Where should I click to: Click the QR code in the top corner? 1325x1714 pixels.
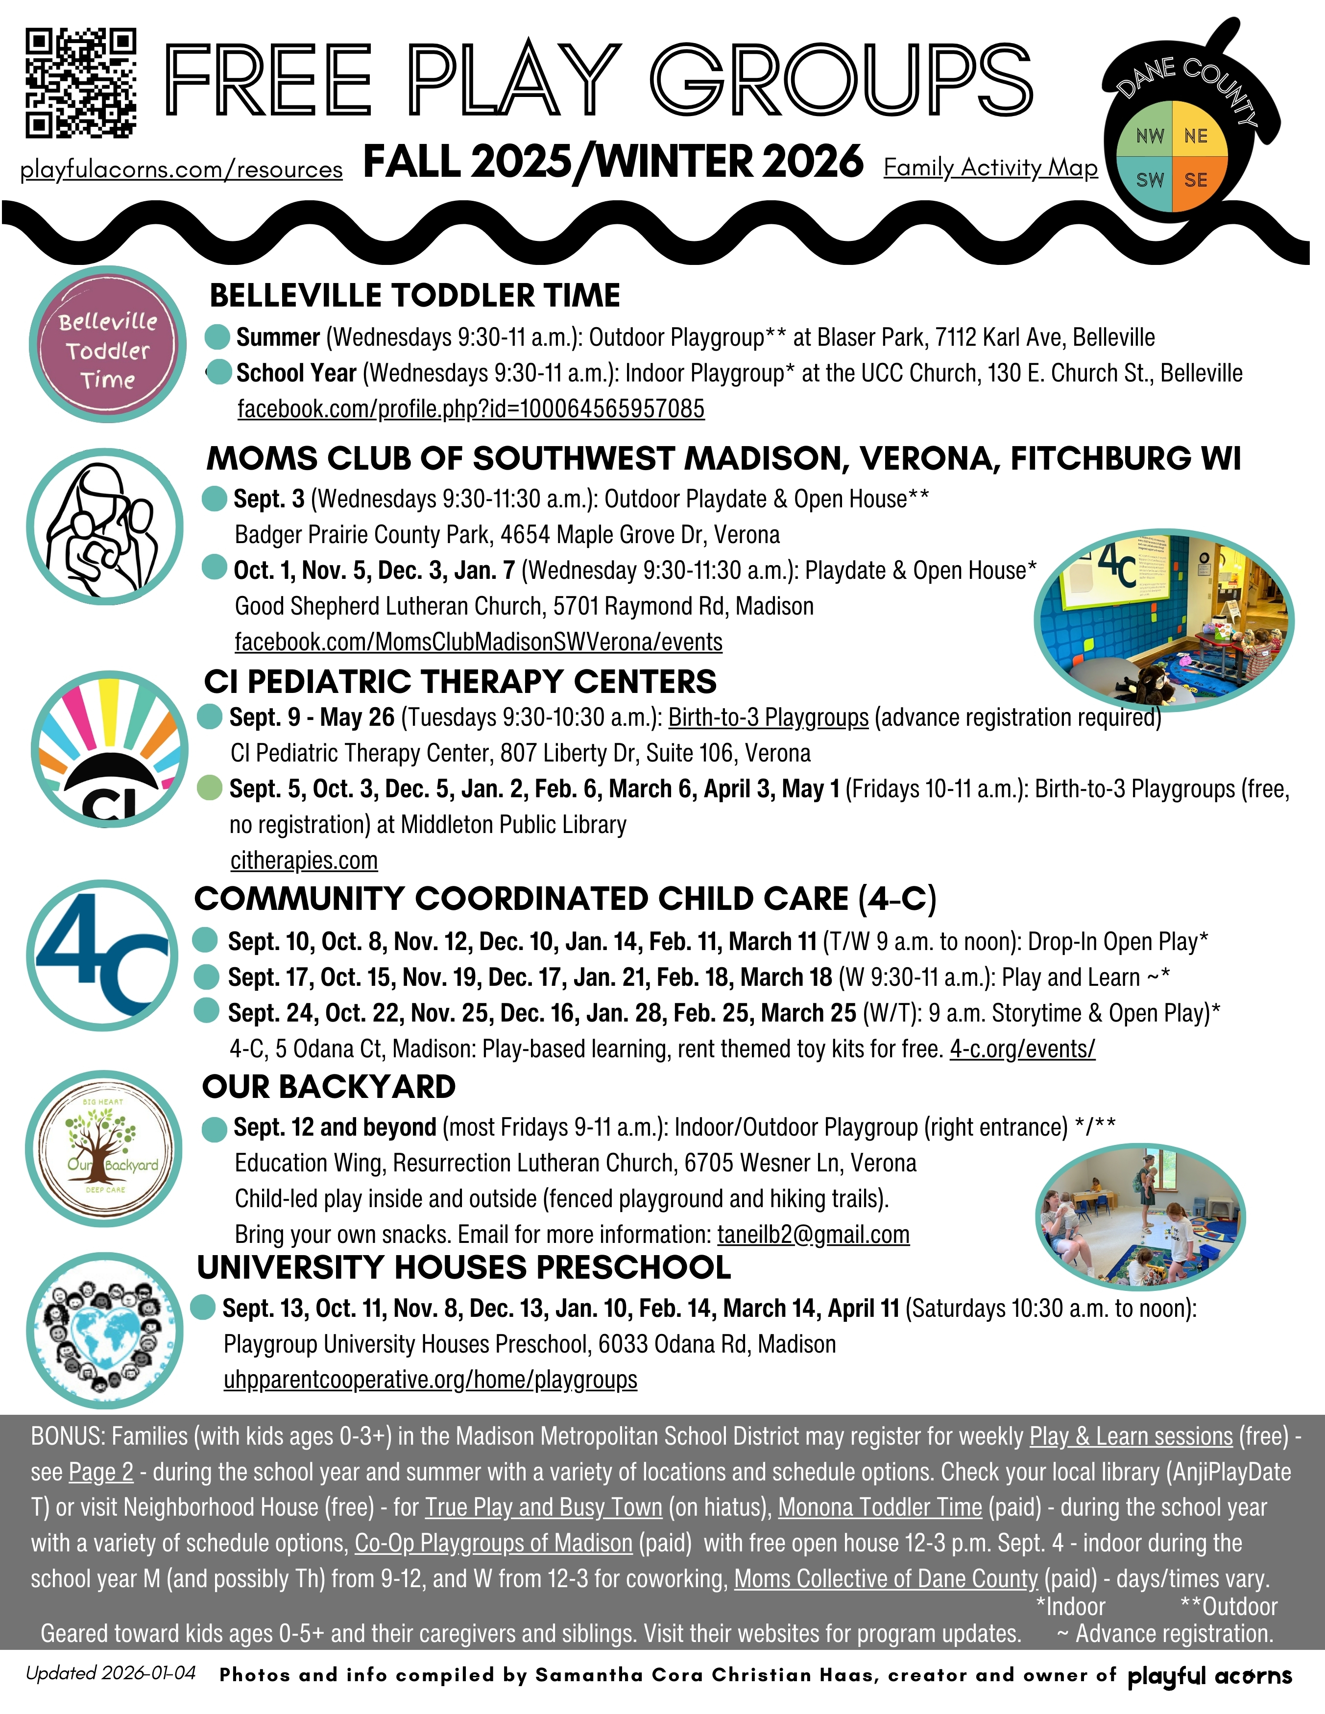pyautogui.click(x=81, y=83)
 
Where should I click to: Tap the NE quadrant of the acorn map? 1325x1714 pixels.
pyautogui.click(x=1196, y=137)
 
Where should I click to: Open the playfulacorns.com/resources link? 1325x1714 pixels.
pyautogui.click(x=181, y=169)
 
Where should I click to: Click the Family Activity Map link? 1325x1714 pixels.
pyautogui.click(x=990, y=167)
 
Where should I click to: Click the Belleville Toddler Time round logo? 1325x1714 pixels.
pyautogui.click(x=108, y=345)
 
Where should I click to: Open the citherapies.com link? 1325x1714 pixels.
pyautogui.click(x=304, y=860)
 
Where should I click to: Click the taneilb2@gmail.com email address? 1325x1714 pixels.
pyautogui.click(x=813, y=1235)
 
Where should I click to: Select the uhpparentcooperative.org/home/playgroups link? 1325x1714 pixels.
pyautogui.click(x=430, y=1380)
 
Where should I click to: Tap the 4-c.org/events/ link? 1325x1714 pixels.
pyautogui.click(x=1022, y=1048)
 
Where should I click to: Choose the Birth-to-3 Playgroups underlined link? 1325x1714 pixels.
pyautogui.click(x=769, y=717)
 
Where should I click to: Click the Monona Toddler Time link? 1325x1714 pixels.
pyautogui.click(x=880, y=1507)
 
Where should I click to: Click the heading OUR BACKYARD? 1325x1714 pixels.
pyautogui.click(x=329, y=1087)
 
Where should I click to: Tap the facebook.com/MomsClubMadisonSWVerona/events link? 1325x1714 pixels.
pyautogui.click(x=478, y=642)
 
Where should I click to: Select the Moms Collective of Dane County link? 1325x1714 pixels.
pyautogui.click(x=886, y=1578)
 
